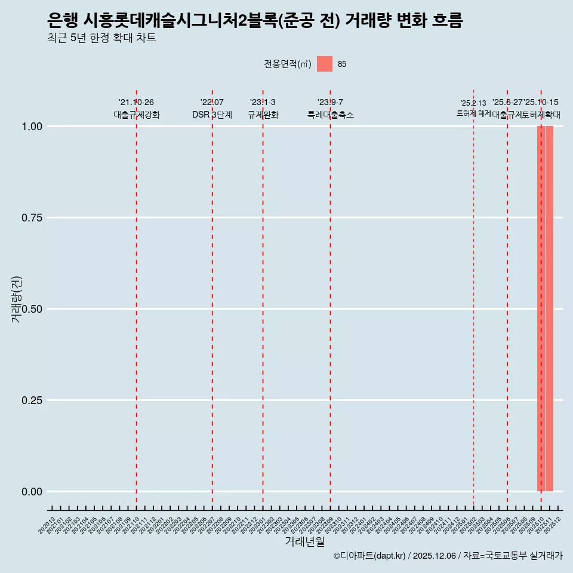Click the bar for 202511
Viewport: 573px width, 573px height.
pos(549,309)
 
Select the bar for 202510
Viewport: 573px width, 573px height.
pos(541,309)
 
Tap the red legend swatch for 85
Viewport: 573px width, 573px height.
pos(324,64)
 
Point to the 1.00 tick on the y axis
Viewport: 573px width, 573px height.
pos(30,127)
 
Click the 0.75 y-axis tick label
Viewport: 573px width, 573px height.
pos(30,218)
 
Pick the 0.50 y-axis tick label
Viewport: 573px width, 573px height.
pos(30,309)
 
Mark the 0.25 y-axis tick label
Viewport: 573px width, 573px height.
pos(30,401)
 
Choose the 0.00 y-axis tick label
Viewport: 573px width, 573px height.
pos(30,492)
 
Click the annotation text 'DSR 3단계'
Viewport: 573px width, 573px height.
pos(212,115)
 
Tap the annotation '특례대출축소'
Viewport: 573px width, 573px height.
pos(330,115)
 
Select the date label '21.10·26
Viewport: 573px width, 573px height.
pos(136,102)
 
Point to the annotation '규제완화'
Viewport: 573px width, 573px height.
pos(263,115)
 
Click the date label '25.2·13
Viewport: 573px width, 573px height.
pos(473,103)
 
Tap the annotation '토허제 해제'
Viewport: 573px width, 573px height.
pos(473,113)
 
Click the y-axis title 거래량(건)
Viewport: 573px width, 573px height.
pos(16,298)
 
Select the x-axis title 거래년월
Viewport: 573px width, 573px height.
pos(304,542)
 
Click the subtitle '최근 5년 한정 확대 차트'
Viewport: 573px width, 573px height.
pos(101,38)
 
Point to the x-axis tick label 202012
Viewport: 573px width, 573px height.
pos(47,525)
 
